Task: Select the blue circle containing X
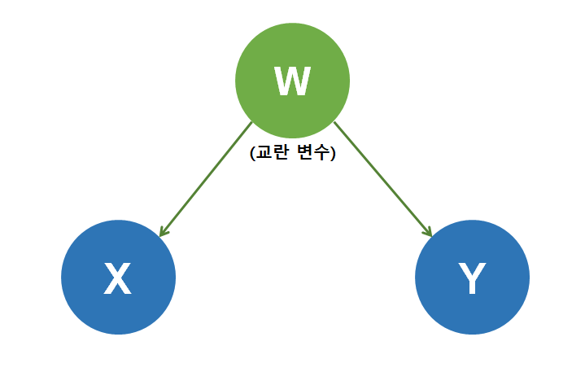(118, 278)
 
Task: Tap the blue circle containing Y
(472, 278)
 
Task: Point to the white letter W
(292, 81)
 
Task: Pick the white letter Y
(472, 279)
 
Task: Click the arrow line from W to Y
(382, 178)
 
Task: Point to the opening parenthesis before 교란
(253, 153)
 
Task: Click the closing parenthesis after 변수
(333, 153)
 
